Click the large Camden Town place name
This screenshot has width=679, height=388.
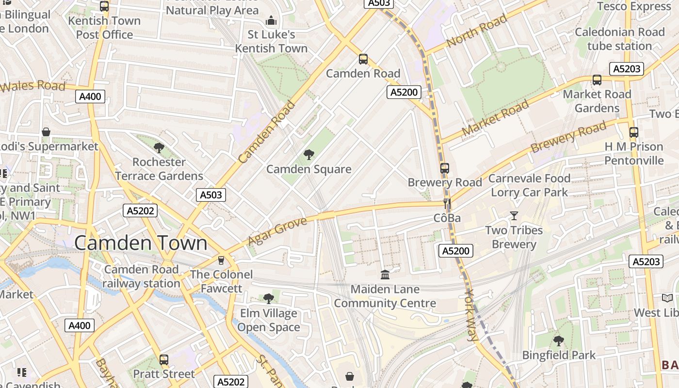[141, 243]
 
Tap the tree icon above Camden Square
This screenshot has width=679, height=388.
[308, 155]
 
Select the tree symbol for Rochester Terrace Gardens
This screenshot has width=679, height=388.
[159, 147]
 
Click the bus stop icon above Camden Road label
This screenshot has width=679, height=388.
[363, 59]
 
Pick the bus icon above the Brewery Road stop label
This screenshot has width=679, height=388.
[444, 168]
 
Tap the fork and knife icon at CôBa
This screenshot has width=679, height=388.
[447, 204]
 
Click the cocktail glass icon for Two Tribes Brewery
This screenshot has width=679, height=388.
[514, 215]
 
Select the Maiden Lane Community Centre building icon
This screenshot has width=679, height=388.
[385, 275]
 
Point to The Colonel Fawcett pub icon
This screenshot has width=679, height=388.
[221, 260]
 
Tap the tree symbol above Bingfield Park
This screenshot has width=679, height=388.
[558, 340]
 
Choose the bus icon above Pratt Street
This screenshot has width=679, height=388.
[164, 360]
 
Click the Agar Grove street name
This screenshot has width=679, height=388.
[277, 231]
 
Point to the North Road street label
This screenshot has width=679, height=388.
[476, 31]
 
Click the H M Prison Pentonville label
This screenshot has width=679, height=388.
[633, 153]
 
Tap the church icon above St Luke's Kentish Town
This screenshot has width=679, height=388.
[271, 20]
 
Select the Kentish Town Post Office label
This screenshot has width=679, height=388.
[104, 28]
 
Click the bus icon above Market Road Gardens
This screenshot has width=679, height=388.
[597, 80]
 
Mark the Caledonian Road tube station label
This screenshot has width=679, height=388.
[619, 39]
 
